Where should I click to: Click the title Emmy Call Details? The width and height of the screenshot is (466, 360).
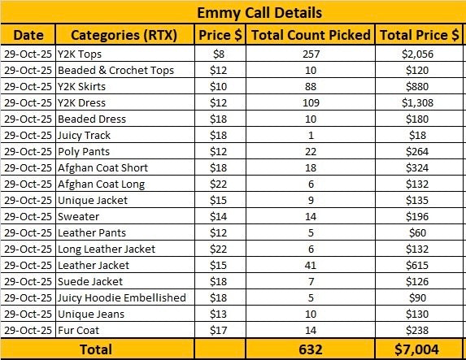pyautogui.click(x=259, y=13)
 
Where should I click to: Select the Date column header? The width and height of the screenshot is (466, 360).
pyautogui.click(x=28, y=35)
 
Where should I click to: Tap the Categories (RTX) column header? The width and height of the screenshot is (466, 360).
pyautogui.click(x=124, y=35)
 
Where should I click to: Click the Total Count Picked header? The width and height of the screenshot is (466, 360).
pyautogui.click(x=311, y=35)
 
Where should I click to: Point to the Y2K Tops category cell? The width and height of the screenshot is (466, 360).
pyautogui.click(x=80, y=54)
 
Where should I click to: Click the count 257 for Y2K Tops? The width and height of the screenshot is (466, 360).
pyautogui.click(x=311, y=54)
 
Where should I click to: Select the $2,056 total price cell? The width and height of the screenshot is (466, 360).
pyautogui.click(x=417, y=54)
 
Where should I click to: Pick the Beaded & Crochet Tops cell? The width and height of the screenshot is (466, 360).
pyautogui.click(x=115, y=71)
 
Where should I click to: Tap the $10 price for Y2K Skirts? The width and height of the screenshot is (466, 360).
pyautogui.click(x=218, y=86)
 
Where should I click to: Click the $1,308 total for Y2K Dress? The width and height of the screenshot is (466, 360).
pyautogui.click(x=417, y=102)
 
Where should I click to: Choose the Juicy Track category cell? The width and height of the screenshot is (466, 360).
pyautogui.click(x=84, y=136)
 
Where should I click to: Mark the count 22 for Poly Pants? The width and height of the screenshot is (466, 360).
pyautogui.click(x=311, y=151)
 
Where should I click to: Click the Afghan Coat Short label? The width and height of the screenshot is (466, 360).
pyautogui.click(x=102, y=168)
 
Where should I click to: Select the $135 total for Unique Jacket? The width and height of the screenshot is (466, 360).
pyautogui.click(x=417, y=200)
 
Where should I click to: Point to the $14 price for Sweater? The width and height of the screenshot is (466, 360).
pyautogui.click(x=218, y=216)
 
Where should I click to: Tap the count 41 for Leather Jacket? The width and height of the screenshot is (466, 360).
pyautogui.click(x=311, y=265)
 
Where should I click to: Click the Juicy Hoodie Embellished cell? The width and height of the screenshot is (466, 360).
pyautogui.click(x=121, y=298)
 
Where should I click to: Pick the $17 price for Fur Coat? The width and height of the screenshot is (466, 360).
pyautogui.click(x=218, y=330)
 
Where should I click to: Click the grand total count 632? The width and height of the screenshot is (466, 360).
pyautogui.click(x=311, y=349)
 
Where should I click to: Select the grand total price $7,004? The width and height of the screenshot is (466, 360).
pyautogui.click(x=416, y=349)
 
